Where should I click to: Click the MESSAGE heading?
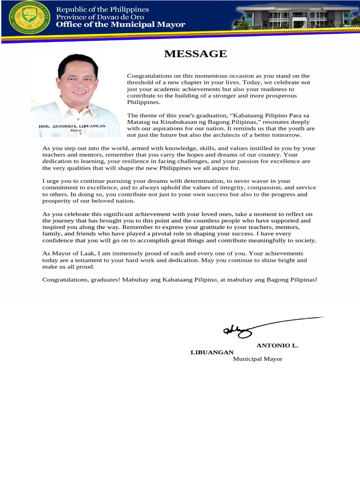(x=195, y=54)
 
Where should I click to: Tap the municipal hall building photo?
(x=294, y=17)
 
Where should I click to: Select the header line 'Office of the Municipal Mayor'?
(x=120, y=24)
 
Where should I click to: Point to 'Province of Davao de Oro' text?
(x=100, y=17)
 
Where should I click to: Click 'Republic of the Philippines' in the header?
(x=102, y=9)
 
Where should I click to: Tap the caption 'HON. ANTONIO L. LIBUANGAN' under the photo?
(x=72, y=126)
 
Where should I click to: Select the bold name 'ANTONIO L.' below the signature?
(x=277, y=345)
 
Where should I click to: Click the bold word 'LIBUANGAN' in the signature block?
(x=212, y=352)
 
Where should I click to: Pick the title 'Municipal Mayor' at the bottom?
(x=258, y=359)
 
